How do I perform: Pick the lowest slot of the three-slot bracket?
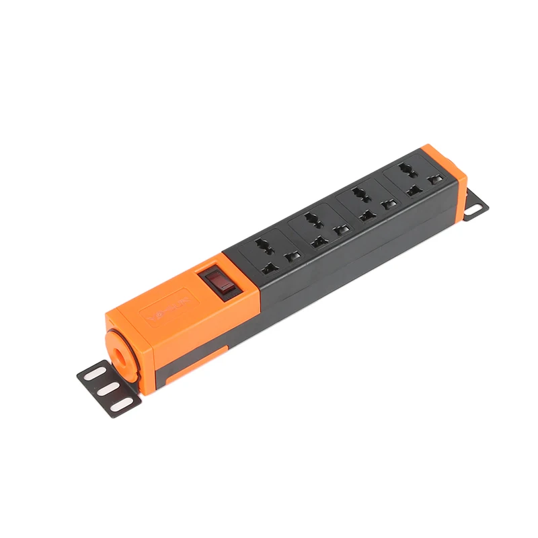(121, 405)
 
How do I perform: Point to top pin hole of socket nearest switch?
(262, 241)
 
